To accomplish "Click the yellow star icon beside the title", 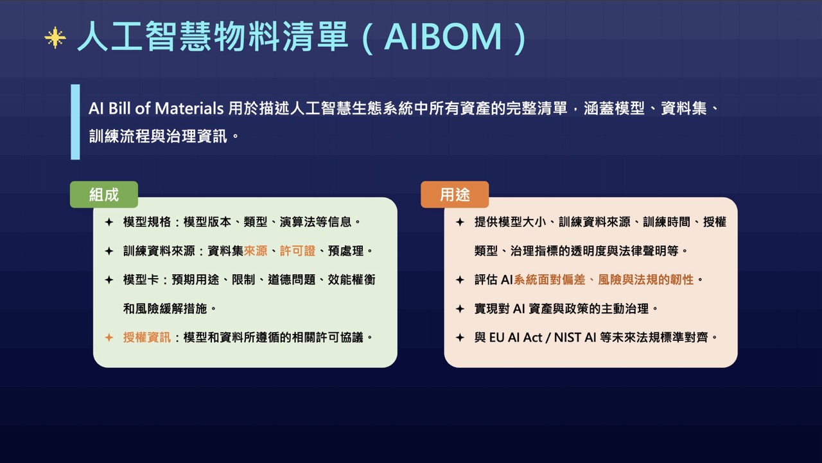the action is (55, 37).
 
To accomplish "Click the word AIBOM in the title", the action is (442, 37).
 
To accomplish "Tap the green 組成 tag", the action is (104, 195).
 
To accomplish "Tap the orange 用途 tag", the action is (455, 195).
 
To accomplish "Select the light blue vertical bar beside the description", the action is (75, 122).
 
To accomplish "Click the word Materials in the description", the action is (189, 109).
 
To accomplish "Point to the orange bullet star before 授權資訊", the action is (109, 338).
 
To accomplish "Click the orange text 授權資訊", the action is (147, 338).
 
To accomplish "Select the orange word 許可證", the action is (297, 251).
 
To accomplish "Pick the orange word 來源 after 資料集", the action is (256, 251).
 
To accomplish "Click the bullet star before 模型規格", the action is (109, 222).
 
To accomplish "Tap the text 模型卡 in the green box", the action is (141, 280).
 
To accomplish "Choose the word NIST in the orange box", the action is (570, 338).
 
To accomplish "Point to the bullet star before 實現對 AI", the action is (460, 309).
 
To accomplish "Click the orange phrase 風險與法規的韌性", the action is (646, 280).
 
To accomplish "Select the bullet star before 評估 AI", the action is (460, 280).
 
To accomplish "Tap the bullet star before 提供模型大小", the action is (460, 222).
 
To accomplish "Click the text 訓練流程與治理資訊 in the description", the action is (158, 137).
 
